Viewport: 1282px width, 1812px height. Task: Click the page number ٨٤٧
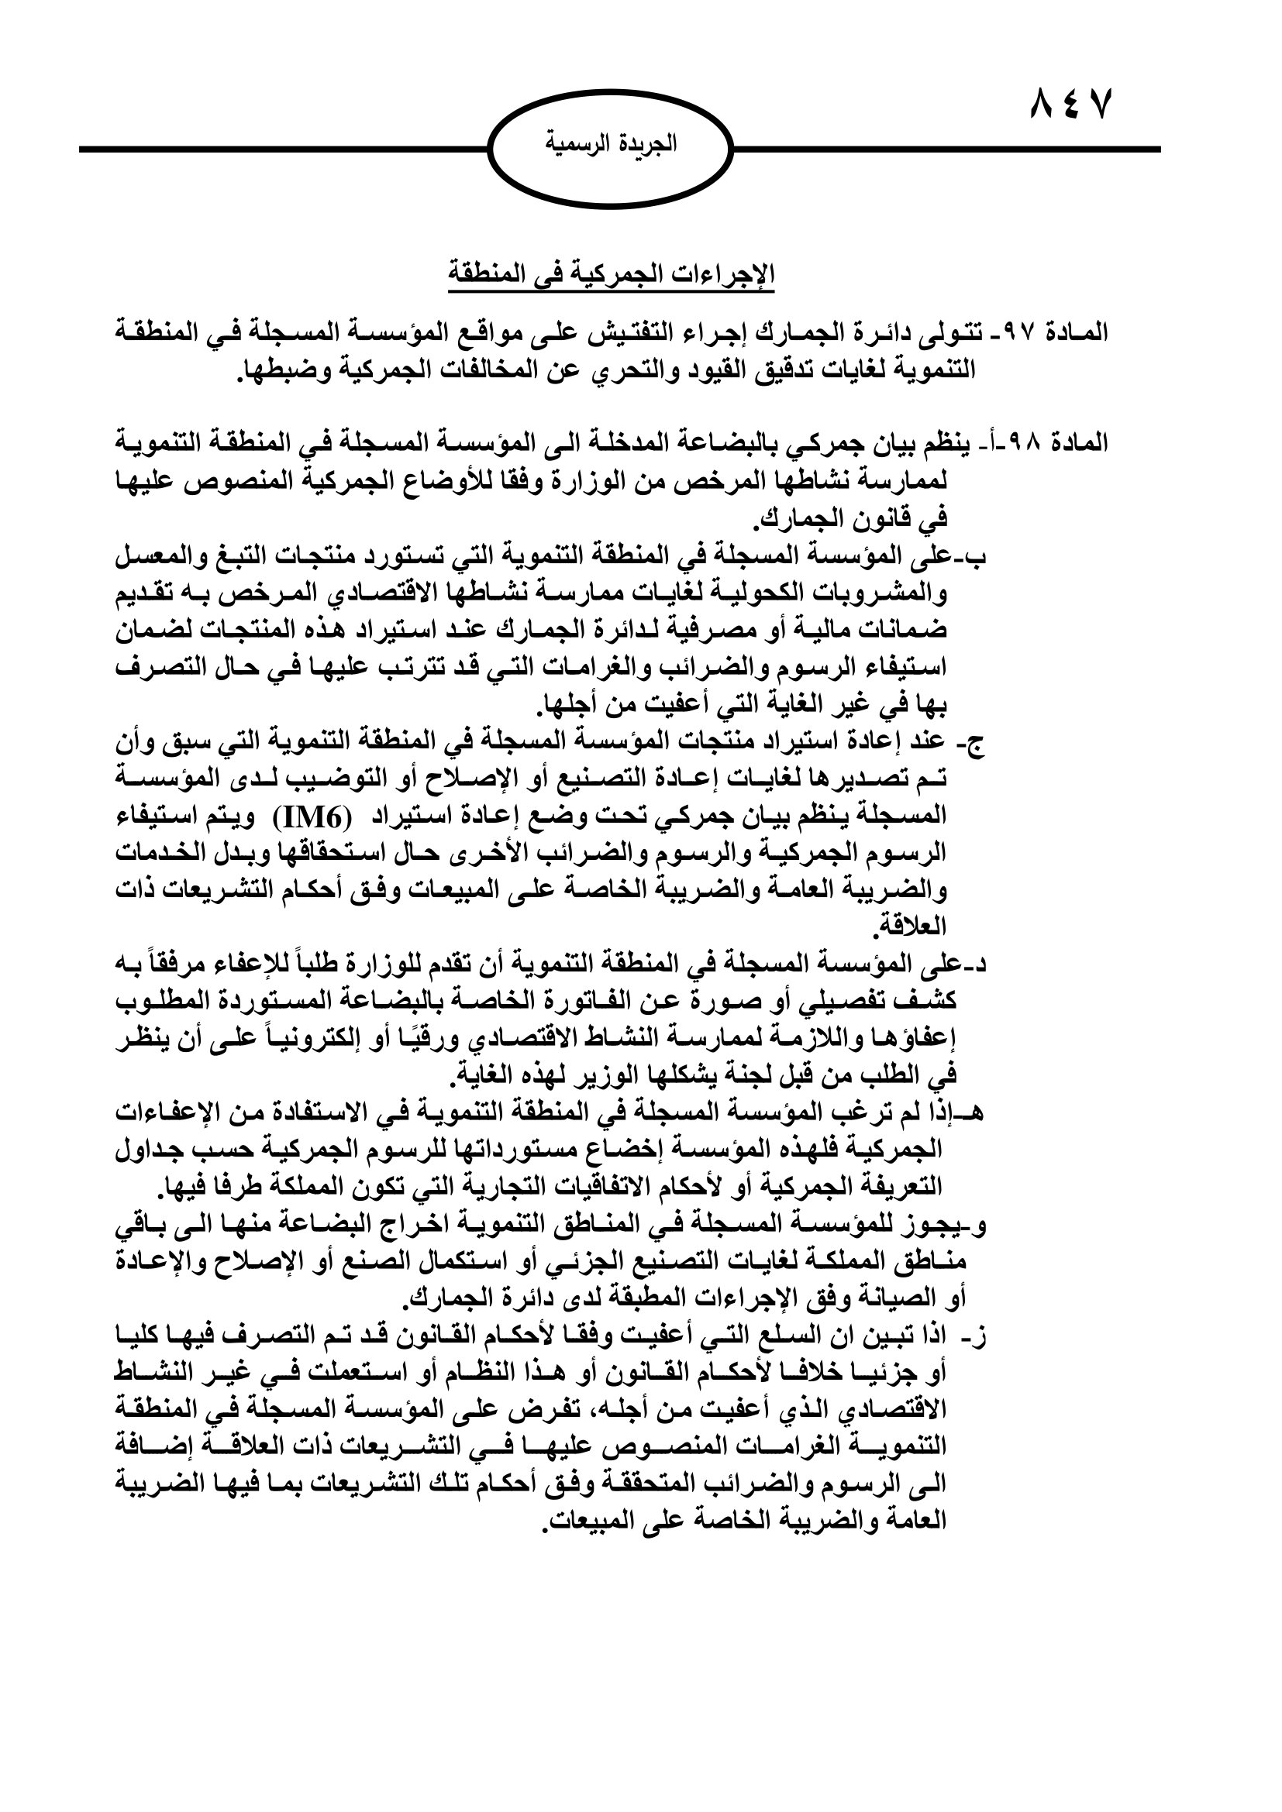click(1071, 104)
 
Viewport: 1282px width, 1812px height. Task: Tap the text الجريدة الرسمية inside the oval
click(611, 144)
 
